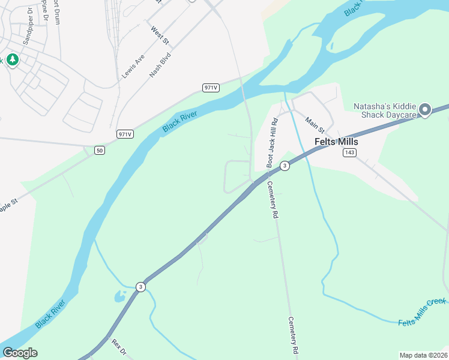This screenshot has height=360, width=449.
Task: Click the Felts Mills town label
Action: (336, 142)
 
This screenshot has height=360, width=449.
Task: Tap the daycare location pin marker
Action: (425, 110)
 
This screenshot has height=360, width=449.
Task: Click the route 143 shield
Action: (350, 152)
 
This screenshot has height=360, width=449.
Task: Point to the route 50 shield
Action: (100, 150)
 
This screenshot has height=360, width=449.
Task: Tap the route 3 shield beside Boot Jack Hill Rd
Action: (285, 166)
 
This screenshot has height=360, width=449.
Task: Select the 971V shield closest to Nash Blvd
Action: (210, 88)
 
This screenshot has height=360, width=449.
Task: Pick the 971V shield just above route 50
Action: (125, 134)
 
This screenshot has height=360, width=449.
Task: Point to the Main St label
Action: (315, 125)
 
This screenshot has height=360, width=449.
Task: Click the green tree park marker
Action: (12, 60)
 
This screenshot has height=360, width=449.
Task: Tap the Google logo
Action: (20, 353)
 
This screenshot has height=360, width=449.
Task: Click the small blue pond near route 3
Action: (119, 296)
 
